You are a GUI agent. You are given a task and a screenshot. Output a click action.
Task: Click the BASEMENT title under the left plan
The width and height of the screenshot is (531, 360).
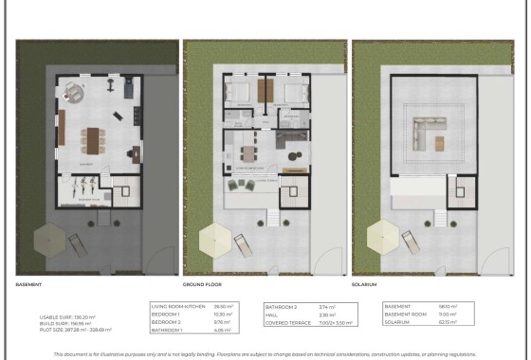pos(28,283)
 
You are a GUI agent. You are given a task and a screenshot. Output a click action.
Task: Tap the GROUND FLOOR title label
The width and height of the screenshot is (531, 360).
pos(201,283)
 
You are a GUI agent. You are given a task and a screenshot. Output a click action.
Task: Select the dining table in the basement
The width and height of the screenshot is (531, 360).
pos(92,140)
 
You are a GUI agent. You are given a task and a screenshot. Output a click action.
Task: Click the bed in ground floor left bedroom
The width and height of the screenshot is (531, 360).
pos(238,92)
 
